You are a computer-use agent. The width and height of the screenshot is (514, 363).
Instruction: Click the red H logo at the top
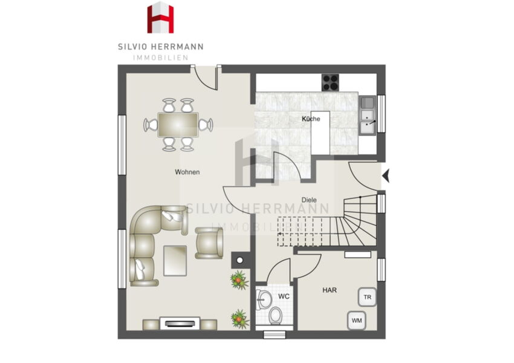160,18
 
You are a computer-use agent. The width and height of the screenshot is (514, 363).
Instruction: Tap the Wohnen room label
187,172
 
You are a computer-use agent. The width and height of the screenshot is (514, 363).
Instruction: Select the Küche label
311,119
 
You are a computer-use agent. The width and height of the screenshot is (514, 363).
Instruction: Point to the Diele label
309,200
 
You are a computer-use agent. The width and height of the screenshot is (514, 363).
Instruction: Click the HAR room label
330,290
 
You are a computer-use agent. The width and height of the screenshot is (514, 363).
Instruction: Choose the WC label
284,296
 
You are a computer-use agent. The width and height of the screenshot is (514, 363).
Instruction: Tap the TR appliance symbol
368,297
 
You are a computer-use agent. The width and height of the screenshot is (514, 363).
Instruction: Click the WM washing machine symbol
357,321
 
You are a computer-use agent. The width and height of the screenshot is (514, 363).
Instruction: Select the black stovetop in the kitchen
330,82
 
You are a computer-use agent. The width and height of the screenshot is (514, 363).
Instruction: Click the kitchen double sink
368,116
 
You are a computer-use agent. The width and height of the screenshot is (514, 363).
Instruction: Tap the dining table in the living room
178,125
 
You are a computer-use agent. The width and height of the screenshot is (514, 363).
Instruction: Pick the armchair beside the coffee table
209,243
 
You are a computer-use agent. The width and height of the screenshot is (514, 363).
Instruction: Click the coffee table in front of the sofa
175,261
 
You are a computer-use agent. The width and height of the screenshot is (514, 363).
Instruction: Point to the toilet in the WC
275,315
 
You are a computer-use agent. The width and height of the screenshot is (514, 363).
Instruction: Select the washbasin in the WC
264,299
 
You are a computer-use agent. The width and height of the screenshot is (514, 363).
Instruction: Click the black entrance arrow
386,176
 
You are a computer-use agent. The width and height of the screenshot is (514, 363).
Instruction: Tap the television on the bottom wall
180,324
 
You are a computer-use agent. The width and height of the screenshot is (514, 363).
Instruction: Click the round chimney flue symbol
240,260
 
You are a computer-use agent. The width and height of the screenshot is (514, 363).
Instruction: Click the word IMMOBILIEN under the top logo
161,57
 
